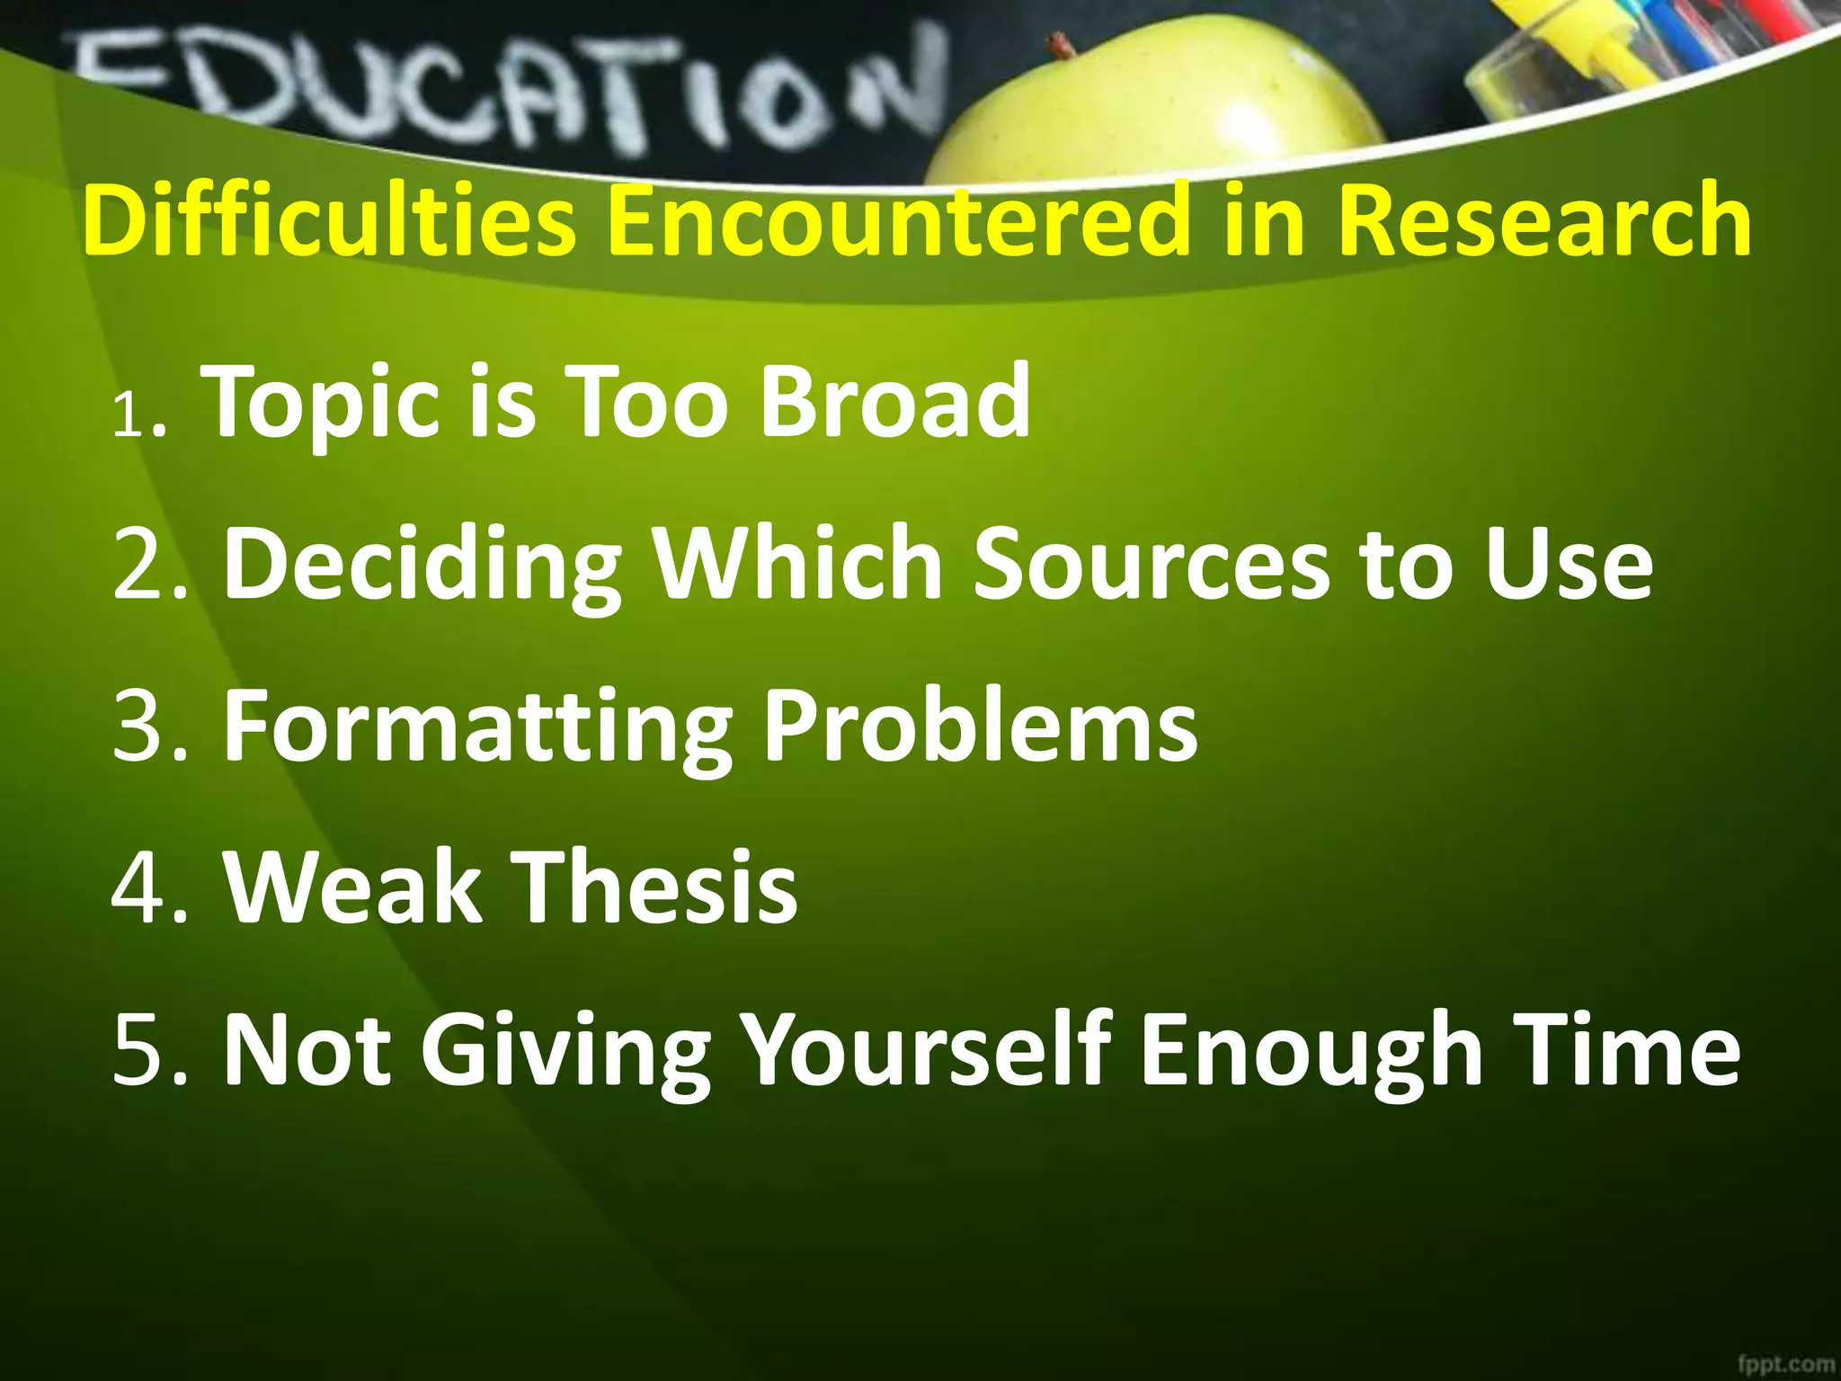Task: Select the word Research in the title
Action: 1543,220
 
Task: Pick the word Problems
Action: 980,726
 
